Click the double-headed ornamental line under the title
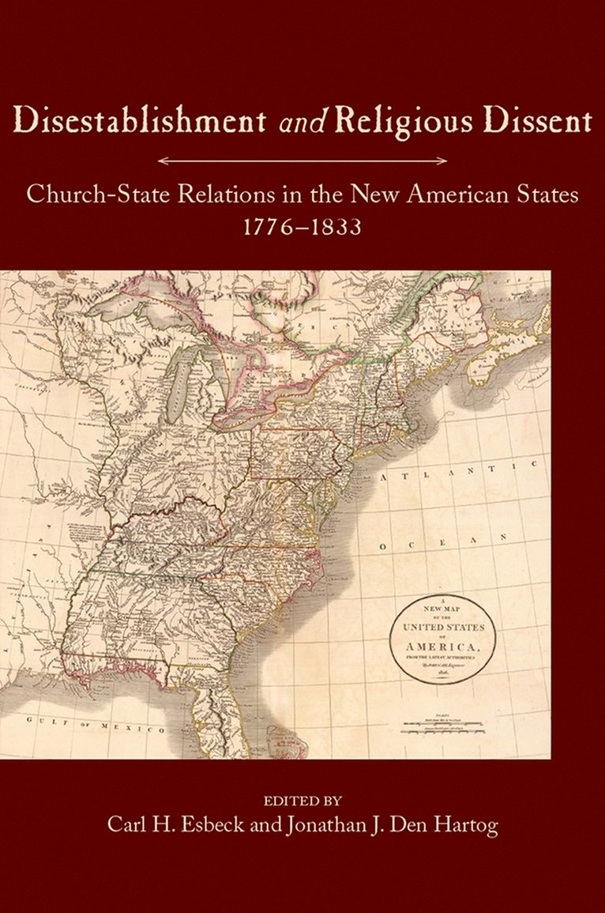pos(302,161)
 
